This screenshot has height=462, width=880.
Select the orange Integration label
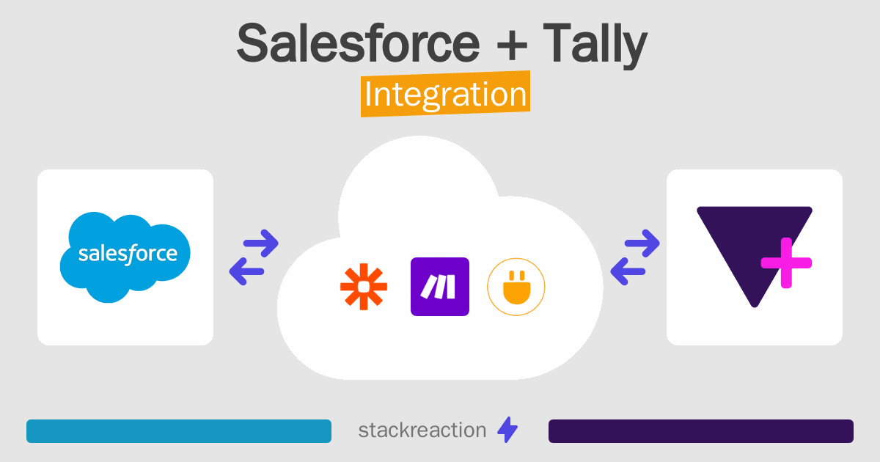[x=445, y=96]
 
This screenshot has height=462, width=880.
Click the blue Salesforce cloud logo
[x=125, y=257]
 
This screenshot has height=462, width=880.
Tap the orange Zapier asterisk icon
[x=364, y=287]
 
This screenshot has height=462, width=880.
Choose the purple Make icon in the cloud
[x=440, y=287]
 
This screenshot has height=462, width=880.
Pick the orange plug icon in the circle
[x=516, y=287]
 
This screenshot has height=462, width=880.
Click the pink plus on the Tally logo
[x=785, y=263]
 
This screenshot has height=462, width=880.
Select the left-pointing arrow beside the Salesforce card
[x=247, y=271]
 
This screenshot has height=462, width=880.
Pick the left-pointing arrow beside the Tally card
[x=628, y=271]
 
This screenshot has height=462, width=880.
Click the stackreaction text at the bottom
[x=422, y=430]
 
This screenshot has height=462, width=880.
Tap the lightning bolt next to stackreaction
[x=507, y=430]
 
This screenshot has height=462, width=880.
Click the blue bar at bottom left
[x=179, y=431]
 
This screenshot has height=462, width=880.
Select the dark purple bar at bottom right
[x=700, y=431]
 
